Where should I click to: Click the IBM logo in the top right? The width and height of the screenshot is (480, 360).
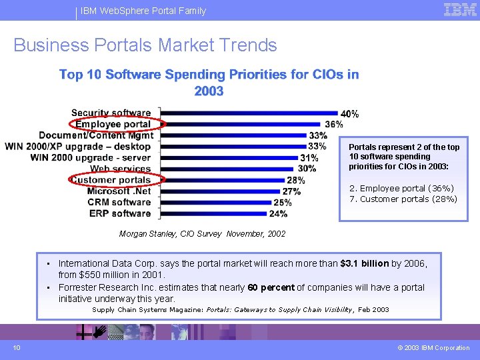coord(460,9)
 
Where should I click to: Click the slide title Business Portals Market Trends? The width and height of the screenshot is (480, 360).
coord(145,45)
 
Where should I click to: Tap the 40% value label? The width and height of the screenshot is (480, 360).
coord(349,114)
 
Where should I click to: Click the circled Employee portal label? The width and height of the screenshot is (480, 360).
coord(113,124)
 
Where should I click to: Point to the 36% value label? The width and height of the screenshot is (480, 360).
coord(333,125)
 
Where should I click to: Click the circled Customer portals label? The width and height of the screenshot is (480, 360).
coord(111,180)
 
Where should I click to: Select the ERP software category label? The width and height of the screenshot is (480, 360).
coord(120,213)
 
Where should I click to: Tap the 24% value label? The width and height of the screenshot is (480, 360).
coord(278,214)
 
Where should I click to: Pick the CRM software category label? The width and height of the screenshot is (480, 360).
coord(119,202)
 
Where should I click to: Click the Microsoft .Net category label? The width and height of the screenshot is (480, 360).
coord(119,191)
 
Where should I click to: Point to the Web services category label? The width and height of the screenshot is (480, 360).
coord(120,169)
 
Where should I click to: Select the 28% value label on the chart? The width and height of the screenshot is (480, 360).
coord(295,180)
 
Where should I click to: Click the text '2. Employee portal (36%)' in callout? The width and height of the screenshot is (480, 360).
coord(403,189)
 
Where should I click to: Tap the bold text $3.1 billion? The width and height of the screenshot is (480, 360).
coord(364,263)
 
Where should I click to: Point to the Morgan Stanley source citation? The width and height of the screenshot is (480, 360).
coord(202,234)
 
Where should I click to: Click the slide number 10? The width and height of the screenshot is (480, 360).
coord(16,347)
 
